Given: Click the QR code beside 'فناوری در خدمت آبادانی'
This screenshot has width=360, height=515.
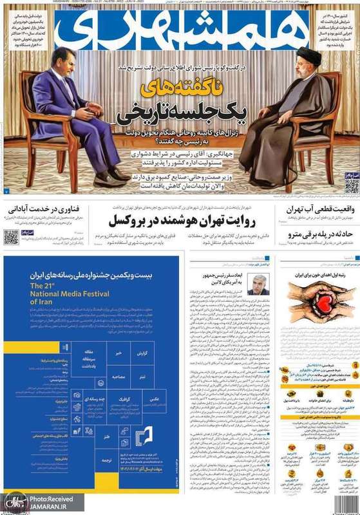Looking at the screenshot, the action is (x=11, y=237).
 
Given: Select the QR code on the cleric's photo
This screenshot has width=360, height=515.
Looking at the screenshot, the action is (x=351, y=186).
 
